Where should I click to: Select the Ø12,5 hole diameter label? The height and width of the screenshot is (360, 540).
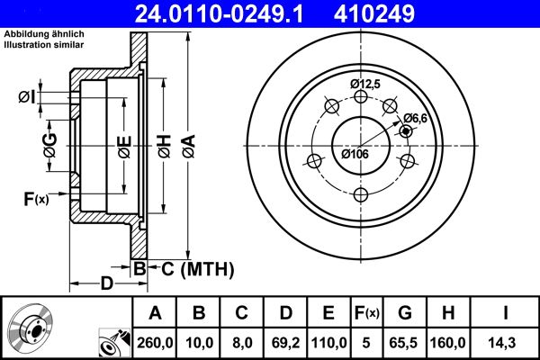tap(365, 84)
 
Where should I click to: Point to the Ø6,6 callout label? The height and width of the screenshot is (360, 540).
tap(414, 118)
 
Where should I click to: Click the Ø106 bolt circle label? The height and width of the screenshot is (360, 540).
tap(355, 154)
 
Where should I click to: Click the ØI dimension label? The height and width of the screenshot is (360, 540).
tap(27, 96)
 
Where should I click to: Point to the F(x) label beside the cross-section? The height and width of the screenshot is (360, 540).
tap(35, 199)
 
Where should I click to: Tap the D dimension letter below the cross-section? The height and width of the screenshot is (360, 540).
tap(106, 284)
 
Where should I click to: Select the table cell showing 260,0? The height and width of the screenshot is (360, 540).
tap(155, 341)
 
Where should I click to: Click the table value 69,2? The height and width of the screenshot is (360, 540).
tap(285, 341)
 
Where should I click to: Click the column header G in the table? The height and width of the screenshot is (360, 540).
tap(405, 313)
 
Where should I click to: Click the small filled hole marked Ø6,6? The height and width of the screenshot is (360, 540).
tap(406, 131)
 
